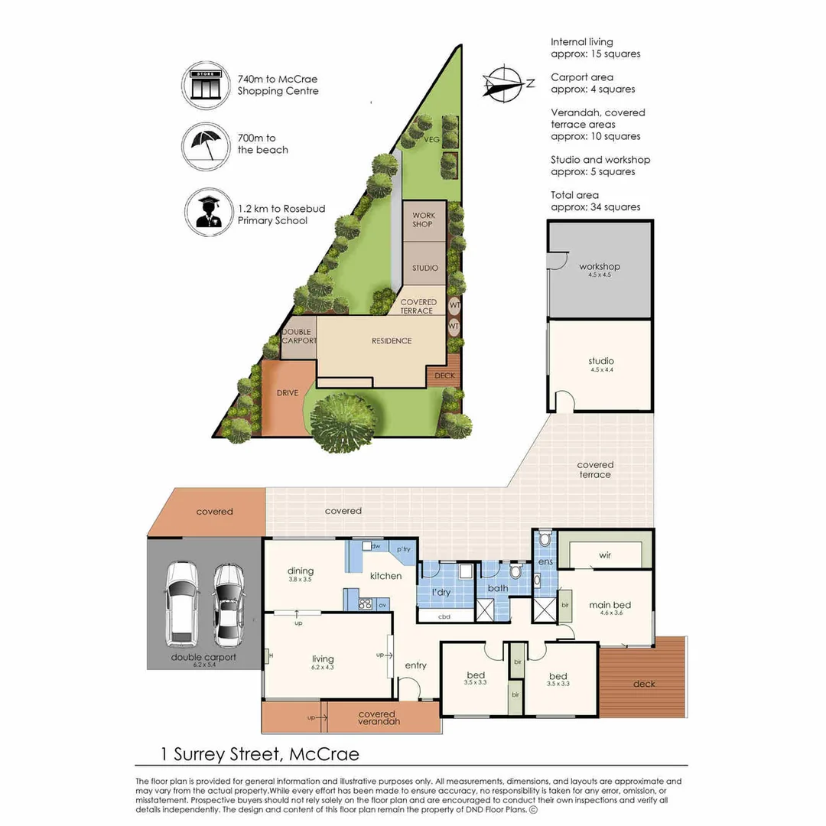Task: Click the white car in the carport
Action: tap(182, 601)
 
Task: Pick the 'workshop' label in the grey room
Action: tap(599, 267)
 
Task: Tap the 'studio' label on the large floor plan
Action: tap(601, 361)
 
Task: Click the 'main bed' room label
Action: tap(609, 606)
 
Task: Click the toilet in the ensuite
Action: tap(544, 538)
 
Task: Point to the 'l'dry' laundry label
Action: tap(440, 593)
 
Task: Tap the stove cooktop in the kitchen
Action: tap(365, 605)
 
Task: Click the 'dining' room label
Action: tap(301, 571)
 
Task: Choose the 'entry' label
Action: tap(416, 665)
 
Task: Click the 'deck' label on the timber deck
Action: tap(644, 684)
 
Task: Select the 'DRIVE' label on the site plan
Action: tap(287, 393)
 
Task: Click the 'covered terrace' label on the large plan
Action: tap(595, 470)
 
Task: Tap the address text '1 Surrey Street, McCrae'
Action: tap(260, 754)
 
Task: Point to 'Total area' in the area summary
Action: tap(575, 195)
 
